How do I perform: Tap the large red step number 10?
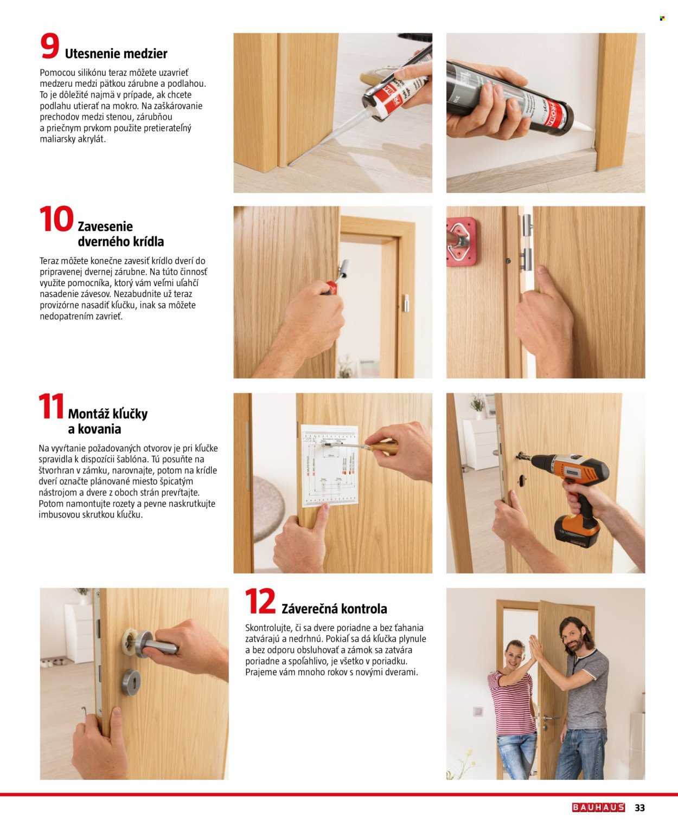[x=56, y=220]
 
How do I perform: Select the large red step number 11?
[x=51, y=407]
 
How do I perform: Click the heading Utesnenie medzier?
[x=116, y=54]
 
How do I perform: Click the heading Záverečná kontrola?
[x=334, y=609]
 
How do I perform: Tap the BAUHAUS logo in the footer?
[x=598, y=808]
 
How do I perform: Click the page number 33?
[x=639, y=808]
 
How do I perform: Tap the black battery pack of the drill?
[x=577, y=531]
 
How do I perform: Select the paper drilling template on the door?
[x=330, y=464]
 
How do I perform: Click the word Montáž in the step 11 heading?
[x=88, y=414]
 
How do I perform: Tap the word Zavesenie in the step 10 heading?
[x=105, y=227]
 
